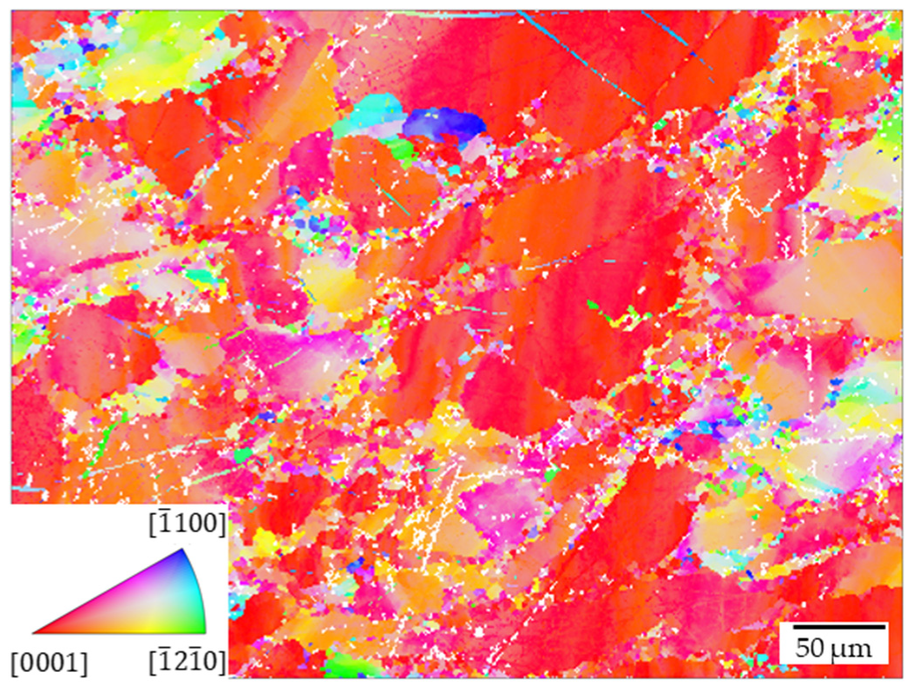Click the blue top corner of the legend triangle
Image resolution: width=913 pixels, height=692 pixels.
pos(183,552)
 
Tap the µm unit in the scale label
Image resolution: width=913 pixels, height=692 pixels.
pos(855,648)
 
